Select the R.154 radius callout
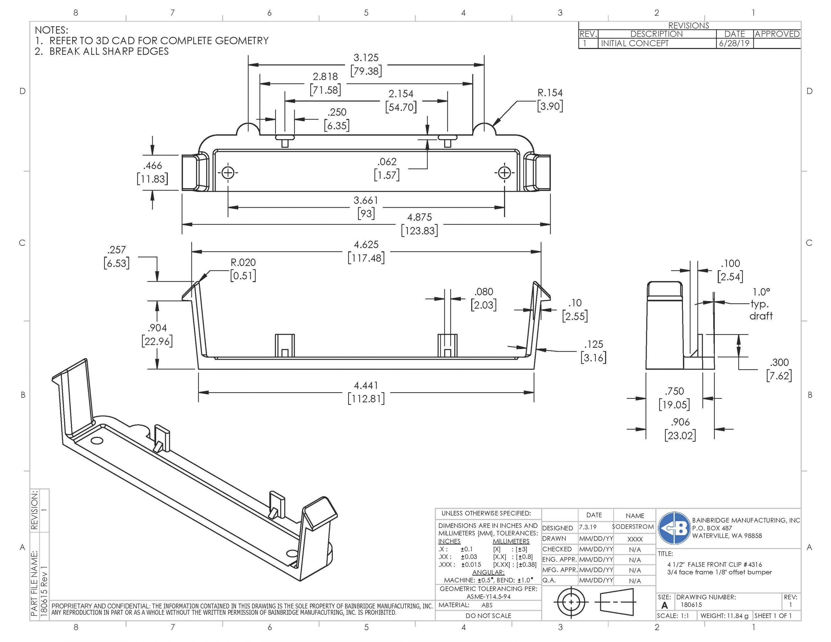pyautogui.click(x=550, y=93)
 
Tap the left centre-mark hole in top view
pyautogui.click(x=228, y=173)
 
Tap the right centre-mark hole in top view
pyautogui.click(x=504, y=173)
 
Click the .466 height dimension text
pyautogui.click(x=152, y=166)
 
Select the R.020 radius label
pyautogui.click(x=243, y=262)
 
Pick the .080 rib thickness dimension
pyautogui.click(x=483, y=292)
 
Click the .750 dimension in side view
pyautogui.click(x=674, y=391)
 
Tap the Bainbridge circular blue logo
pyautogui.click(x=674, y=528)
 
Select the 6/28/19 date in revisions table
pyautogui.click(x=734, y=43)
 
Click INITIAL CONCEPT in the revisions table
pyautogui.click(x=634, y=43)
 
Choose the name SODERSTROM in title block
pyautogui.click(x=633, y=527)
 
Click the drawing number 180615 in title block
pyautogui.click(x=691, y=605)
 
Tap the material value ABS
pyautogui.click(x=487, y=605)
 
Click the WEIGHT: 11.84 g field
pyautogui.click(x=724, y=616)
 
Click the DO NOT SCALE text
pyautogui.click(x=488, y=616)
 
